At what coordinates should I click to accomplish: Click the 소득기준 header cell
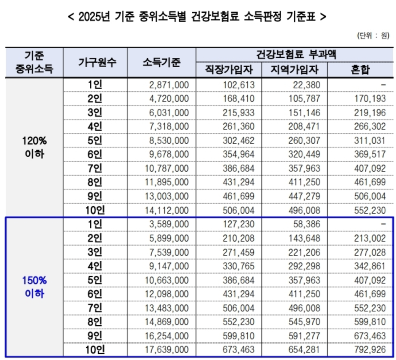pyautogui.click(x=161, y=63)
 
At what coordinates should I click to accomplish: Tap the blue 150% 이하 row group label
pyautogui.click(x=34, y=287)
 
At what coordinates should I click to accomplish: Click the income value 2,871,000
pyautogui.click(x=169, y=85)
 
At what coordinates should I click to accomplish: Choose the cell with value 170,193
pyautogui.click(x=370, y=99)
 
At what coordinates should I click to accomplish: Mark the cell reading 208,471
pyautogui.click(x=303, y=127)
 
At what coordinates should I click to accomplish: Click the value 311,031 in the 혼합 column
pyautogui.click(x=370, y=141)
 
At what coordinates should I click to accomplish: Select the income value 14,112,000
pyautogui.click(x=167, y=211)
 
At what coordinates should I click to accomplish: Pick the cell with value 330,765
pyautogui.click(x=237, y=266)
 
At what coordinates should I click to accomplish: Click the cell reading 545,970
pyautogui.click(x=303, y=322)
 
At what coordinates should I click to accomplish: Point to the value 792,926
pyautogui.click(x=370, y=350)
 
